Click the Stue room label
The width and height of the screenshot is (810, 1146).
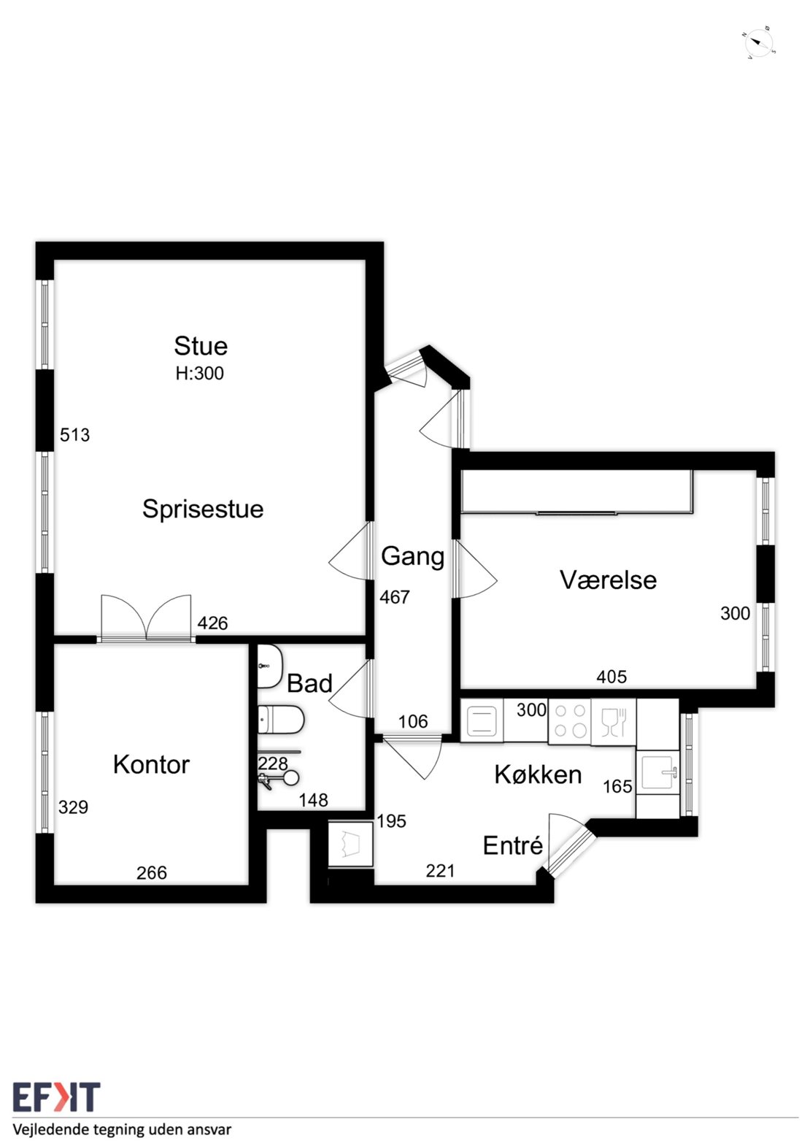(x=201, y=346)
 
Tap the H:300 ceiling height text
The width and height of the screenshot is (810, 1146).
(x=199, y=374)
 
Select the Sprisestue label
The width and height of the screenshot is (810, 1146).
(x=203, y=509)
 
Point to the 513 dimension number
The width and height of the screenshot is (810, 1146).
(x=74, y=435)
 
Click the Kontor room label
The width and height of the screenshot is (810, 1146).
(x=151, y=764)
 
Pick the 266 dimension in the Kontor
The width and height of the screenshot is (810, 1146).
(x=152, y=873)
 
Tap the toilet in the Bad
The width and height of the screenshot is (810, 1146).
(x=280, y=720)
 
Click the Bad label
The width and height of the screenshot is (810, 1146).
(x=309, y=683)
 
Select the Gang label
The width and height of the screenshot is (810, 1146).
(x=413, y=557)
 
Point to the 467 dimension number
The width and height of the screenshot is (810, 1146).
(x=395, y=597)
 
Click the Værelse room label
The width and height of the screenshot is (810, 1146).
(x=608, y=580)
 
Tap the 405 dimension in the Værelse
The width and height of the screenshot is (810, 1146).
(x=612, y=677)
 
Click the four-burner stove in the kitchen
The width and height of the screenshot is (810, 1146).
(x=570, y=721)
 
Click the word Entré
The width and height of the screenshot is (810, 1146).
(x=513, y=845)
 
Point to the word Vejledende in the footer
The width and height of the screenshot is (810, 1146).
(x=47, y=1131)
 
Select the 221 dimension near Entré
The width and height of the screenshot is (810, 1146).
(x=440, y=871)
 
